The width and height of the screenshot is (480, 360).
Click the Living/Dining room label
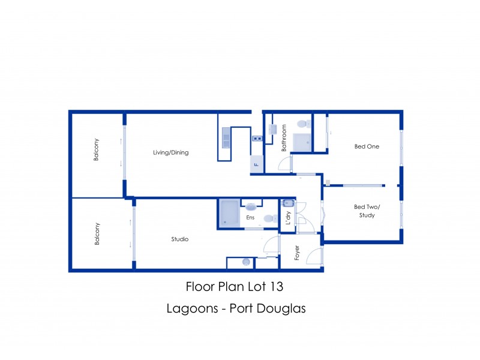tap(171, 152)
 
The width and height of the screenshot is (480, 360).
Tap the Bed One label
tap(367, 146)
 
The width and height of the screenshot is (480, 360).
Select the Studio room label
tap(180, 239)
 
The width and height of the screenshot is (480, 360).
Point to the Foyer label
tap(296, 253)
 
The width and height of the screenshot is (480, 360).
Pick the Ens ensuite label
tap(250, 218)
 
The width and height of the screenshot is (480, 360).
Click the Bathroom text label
tap(284, 138)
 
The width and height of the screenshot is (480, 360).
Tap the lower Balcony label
tap(96, 233)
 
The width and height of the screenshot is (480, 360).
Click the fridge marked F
tap(256, 164)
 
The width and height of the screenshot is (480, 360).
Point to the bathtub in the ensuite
tap(229, 213)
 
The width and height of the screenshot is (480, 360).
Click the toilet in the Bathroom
tap(304, 124)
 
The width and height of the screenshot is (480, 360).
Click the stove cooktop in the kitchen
tap(257, 139)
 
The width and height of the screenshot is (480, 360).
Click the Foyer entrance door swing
tap(313, 257)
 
